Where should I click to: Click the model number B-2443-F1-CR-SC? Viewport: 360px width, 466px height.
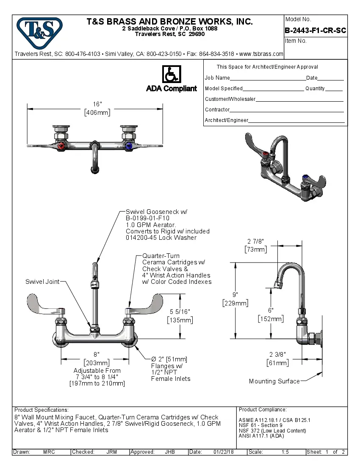pos(315,31)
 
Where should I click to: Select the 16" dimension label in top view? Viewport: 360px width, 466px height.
pos(97,104)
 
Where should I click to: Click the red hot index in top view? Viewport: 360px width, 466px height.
pos(62,147)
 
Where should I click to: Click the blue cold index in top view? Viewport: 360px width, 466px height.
pos(129,147)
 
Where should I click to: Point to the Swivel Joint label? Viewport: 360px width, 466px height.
pos(42,282)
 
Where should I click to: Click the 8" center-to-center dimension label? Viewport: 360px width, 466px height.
pos(97,354)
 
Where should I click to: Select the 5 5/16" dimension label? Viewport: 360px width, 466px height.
pos(180,311)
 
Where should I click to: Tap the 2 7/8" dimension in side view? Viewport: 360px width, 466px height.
pos(256,241)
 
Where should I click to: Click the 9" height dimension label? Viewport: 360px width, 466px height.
pos(235,294)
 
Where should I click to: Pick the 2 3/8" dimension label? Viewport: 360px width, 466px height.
pos(277,354)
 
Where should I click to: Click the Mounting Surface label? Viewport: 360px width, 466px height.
pos(274,381)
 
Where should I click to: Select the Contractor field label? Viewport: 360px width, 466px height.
pos(217,110)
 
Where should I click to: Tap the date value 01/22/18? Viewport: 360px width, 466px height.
pos(224,452)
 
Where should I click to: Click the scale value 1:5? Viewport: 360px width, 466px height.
pos(285,452)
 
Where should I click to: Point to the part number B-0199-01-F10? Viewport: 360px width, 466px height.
pos(148,218)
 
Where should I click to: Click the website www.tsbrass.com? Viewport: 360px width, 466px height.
pos(261,54)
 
